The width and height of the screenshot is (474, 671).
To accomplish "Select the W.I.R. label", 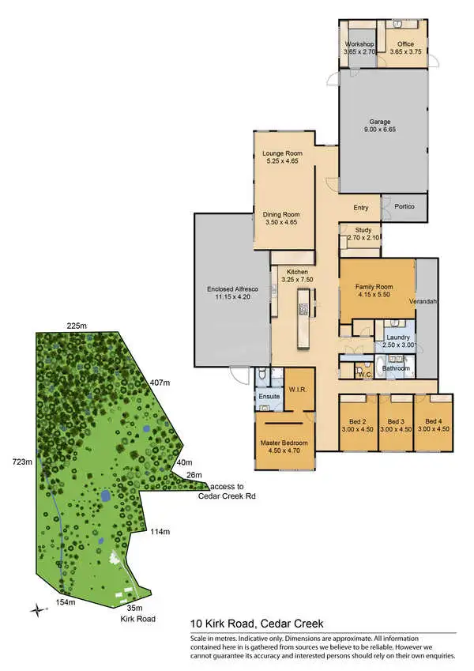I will (297, 388).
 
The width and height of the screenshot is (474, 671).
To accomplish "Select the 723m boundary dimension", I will (21, 460).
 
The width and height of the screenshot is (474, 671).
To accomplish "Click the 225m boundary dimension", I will (76, 325).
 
